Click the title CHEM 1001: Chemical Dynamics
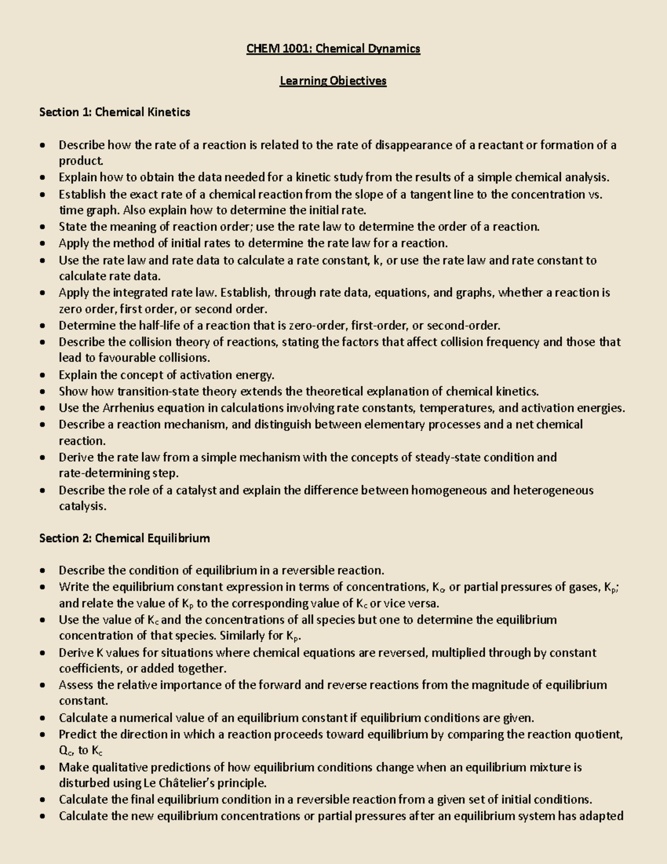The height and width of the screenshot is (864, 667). point(333,49)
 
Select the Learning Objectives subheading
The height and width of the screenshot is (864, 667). point(333,81)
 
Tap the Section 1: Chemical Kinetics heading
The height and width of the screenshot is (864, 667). point(115,112)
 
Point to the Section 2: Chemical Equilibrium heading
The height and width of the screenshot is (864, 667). point(125,538)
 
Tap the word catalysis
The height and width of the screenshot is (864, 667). point(82,507)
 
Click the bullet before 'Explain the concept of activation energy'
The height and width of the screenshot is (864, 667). point(43,376)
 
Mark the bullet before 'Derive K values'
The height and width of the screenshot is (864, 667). point(43,653)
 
